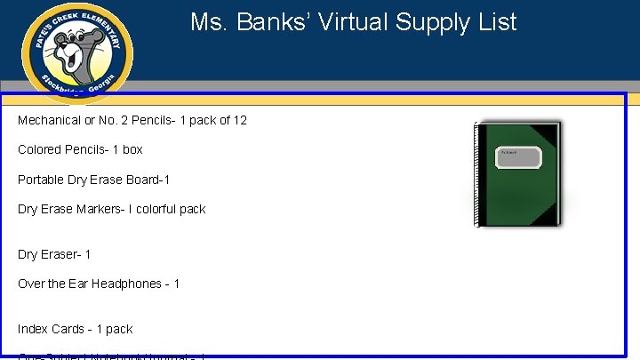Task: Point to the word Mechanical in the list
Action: (49, 120)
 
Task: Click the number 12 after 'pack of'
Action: (239, 120)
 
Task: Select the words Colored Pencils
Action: (61, 149)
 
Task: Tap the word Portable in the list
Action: (41, 180)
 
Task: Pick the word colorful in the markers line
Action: (156, 209)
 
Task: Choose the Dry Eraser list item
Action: (53, 254)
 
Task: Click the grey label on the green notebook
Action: (518, 157)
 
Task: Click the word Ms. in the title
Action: (209, 22)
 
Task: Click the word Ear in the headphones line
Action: (80, 284)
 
